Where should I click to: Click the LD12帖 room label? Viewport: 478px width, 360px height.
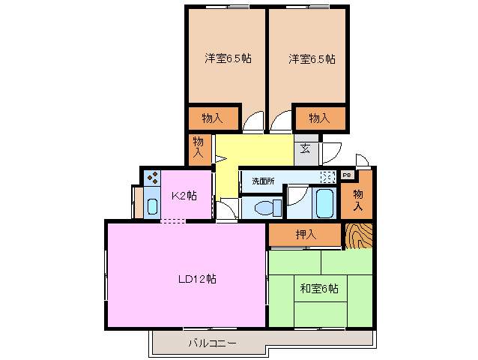pyautogui.click(x=197, y=279)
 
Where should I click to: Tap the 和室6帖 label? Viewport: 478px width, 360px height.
pyautogui.click(x=319, y=288)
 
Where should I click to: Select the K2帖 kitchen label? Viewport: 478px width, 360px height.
pyautogui.click(x=184, y=196)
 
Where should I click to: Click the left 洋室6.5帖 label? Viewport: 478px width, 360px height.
pyautogui.click(x=229, y=58)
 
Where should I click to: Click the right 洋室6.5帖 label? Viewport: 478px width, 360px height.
pyautogui.click(x=311, y=58)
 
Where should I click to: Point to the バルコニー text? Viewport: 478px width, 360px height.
pyautogui.click(x=212, y=343)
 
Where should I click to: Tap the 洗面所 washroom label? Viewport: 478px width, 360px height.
pyautogui.click(x=263, y=181)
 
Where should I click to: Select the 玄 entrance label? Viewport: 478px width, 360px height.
pyautogui.click(x=306, y=148)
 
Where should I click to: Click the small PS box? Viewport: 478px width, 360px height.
pyautogui.click(x=346, y=175)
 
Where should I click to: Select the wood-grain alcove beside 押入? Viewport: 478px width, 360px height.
pyautogui.click(x=360, y=235)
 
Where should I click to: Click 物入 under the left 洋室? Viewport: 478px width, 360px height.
pyautogui.click(x=213, y=118)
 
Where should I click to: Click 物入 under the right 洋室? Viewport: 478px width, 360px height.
pyautogui.click(x=320, y=118)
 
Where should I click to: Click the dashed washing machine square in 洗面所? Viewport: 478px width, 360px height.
pyautogui.click(x=328, y=178)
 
